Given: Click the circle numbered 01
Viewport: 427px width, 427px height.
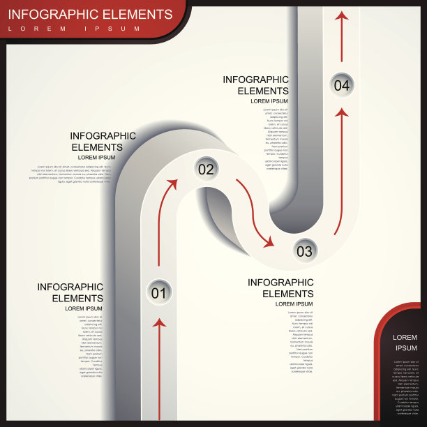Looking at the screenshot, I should [159, 292].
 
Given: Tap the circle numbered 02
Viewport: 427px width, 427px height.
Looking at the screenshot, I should [206, 168].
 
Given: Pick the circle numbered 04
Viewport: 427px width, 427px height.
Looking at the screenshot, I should [341, 85].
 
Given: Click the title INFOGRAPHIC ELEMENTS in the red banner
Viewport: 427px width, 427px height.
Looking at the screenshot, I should [90, 14].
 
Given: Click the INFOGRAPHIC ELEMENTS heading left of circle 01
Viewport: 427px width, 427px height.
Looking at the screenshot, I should [70, 292].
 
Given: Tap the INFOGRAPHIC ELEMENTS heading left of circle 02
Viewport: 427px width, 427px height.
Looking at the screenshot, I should [103, 142].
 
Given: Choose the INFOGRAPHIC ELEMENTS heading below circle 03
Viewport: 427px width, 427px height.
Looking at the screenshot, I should [281, 288].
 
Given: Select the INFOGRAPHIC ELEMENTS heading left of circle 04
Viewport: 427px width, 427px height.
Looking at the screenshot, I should [255, 85].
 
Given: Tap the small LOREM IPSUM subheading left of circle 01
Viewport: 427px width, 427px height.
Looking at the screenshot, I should [84, 308].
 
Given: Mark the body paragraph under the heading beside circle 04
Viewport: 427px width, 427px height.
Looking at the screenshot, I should [276, 139].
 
